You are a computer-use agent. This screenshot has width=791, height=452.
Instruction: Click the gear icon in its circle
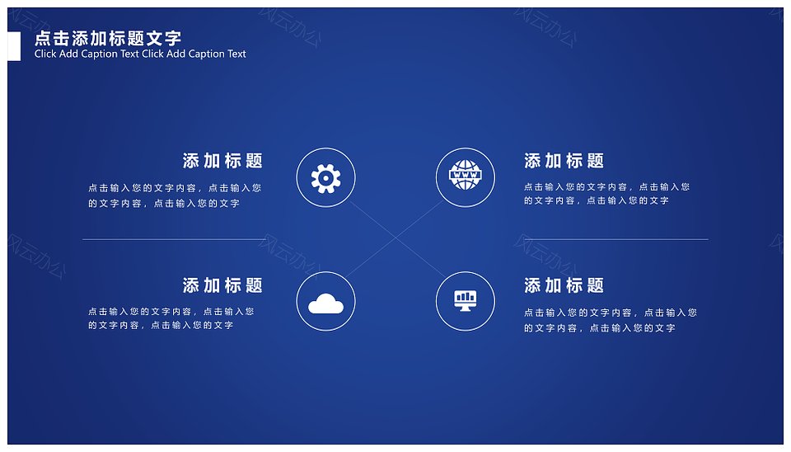[x=326, y=178]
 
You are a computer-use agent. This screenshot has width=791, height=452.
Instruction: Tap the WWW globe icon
[x=465, y=175]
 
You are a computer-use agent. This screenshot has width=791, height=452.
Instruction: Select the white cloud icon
[x=326, y=304]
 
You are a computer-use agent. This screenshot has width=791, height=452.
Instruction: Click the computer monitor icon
[x=465, y=300]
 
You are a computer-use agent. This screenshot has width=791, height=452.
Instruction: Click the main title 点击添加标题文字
[x=108, y=38]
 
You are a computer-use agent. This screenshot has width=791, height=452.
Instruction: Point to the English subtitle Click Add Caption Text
[x=140, y=54]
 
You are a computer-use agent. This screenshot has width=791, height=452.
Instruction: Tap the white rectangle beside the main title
[x=14, y=46]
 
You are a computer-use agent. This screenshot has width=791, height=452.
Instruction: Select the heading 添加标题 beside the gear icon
[x=222, y=161]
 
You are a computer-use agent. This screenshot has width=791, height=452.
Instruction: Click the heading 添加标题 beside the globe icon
[x=564, y=161]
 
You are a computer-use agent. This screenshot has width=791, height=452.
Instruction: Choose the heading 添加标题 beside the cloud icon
[x=222, y=285]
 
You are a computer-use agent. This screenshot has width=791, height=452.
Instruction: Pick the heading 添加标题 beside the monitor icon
[x=564, y=285]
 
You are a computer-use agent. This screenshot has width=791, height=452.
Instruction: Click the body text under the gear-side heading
[x=175, y=195]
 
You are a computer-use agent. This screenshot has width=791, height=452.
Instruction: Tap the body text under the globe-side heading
[x=607, y=194]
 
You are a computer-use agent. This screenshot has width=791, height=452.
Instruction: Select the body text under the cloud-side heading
[x=171, y=318]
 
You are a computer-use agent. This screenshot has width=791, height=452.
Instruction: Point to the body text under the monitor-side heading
[x=611, y=320]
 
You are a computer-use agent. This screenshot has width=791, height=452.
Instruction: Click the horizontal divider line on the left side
[x=175, y=239]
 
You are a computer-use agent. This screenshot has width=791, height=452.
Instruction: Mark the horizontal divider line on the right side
[x=616, y=239]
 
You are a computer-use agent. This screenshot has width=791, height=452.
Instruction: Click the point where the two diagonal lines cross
[x=395, y=239]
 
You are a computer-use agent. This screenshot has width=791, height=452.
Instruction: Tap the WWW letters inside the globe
[x=465, y=175]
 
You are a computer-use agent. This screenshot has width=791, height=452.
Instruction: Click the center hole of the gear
[x=326, y=178]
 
